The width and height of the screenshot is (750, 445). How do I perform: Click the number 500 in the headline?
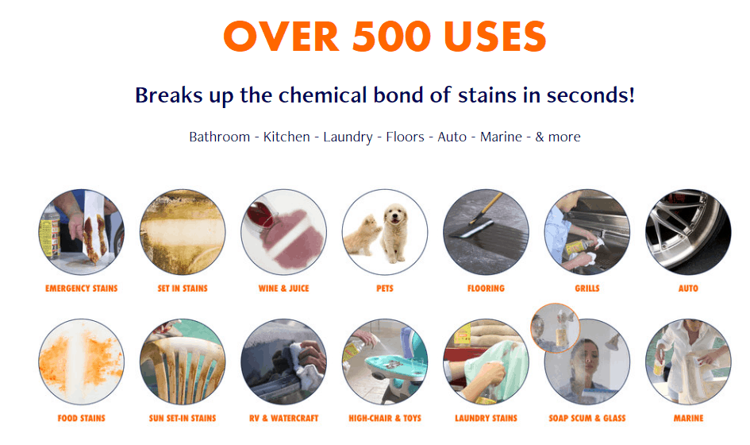[x=392, y=37]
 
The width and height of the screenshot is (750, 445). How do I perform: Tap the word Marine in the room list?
[x=501, y=137]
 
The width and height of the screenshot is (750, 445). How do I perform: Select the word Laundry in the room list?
[x=348, y=137]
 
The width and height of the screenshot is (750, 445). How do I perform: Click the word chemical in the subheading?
[x=322, y=95]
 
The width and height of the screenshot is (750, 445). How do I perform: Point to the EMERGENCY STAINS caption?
[x=81, y=288]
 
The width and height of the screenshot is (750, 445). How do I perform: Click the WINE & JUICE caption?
[x=283, y=288]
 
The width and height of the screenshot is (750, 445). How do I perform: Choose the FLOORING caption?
[x=486, y=288]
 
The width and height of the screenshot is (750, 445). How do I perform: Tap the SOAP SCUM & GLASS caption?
[x=587, y=418]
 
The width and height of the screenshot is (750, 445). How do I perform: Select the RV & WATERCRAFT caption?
[x=283, y=418]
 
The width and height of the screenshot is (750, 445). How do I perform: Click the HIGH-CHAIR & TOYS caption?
[x=385, y=418]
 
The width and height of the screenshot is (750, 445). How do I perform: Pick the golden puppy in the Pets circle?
[x=395, y=232]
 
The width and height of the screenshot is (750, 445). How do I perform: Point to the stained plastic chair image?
[x=183, y=362]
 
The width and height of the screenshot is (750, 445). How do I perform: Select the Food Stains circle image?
[x=81, y=362]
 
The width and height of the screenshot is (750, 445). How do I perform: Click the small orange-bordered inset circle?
[x=555, y=327]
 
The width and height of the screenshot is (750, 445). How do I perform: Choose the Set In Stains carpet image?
[x=183, y=232]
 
